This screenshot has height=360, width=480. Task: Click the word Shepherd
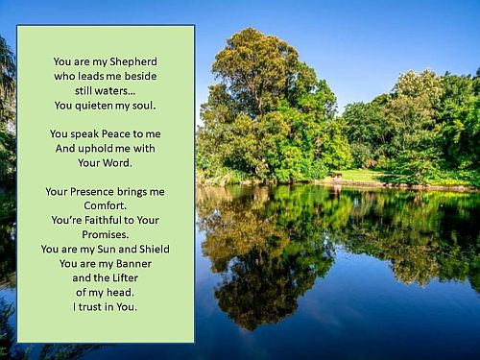(x=132, y=60)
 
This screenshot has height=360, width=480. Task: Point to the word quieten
(x=100, y=105)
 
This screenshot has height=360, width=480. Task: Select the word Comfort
(x=105, y=205)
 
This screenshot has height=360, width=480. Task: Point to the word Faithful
(x=108, y=220)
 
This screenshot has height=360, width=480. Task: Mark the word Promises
(x=105, y=233)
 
